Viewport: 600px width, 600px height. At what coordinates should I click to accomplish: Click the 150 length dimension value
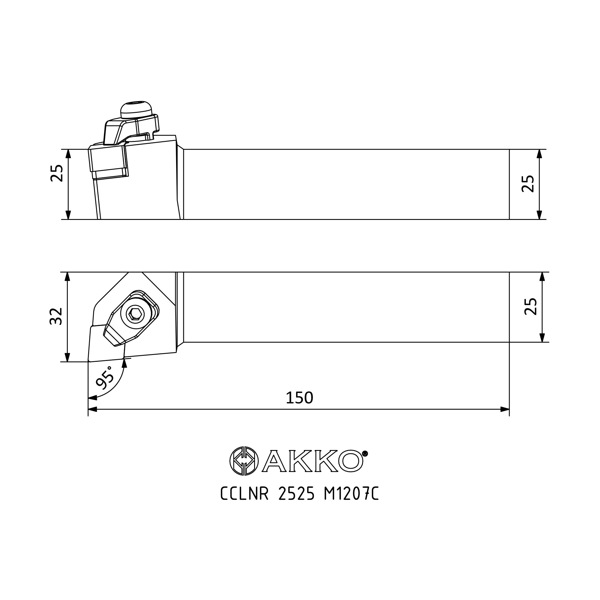(299, 398)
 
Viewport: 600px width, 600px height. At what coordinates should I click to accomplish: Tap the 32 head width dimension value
(56, 316)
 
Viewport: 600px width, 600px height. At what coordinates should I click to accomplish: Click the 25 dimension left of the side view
(57, 173)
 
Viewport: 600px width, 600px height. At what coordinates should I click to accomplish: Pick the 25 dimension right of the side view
(528, 184)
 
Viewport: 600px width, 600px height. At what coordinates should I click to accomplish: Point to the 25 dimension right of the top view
(531, 307)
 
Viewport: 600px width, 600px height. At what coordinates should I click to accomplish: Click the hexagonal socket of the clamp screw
(136, 314)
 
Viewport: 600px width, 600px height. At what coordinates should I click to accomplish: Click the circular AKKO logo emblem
(244, 461)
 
